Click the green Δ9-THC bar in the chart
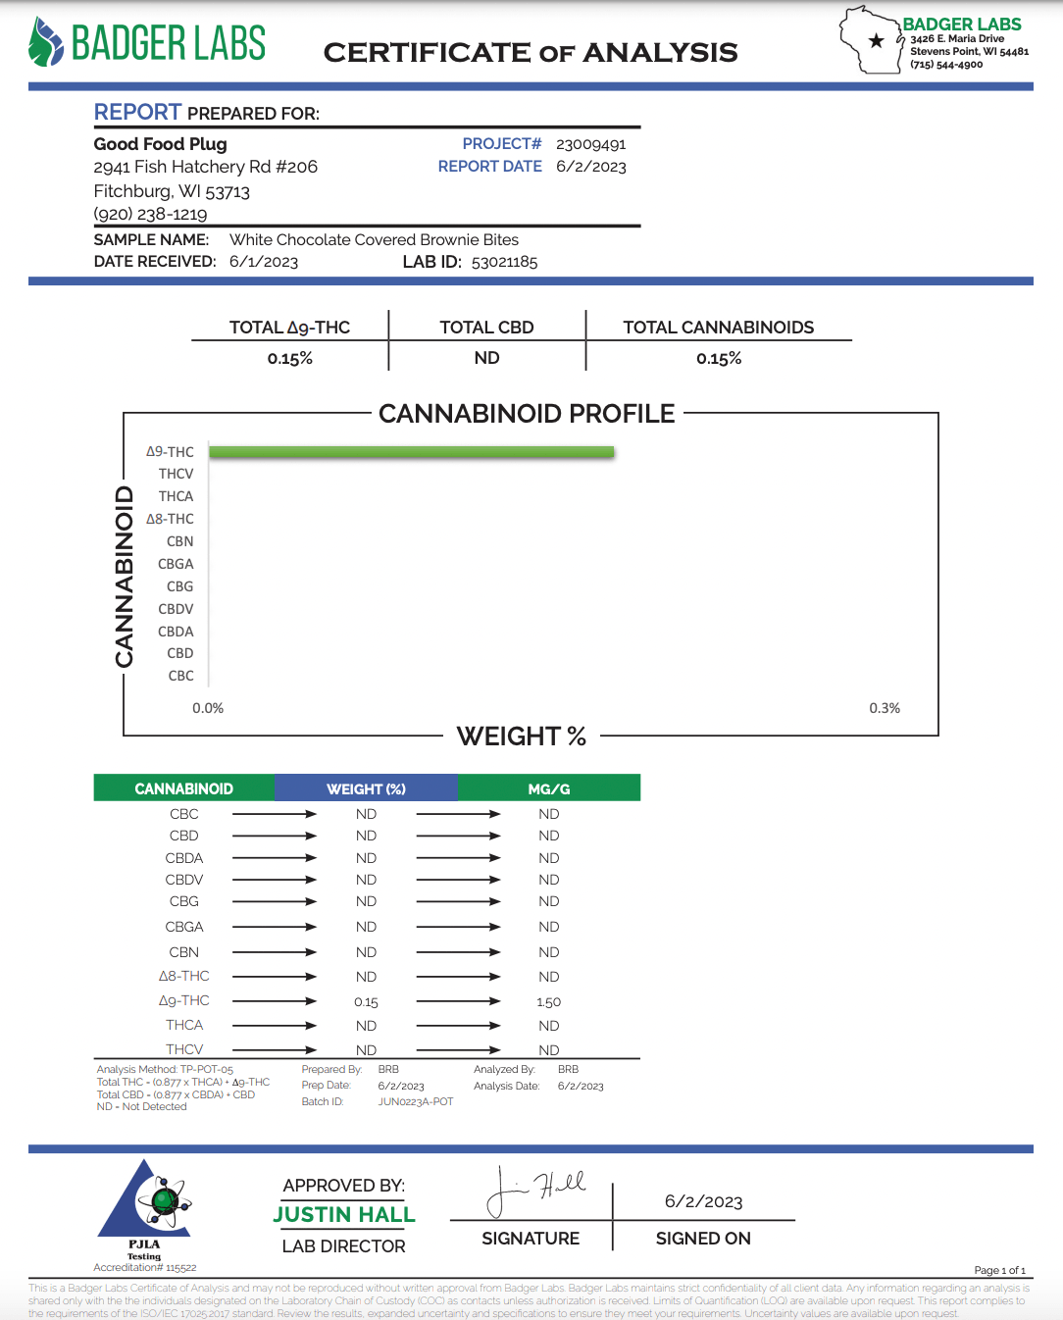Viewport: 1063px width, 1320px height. point(411,452)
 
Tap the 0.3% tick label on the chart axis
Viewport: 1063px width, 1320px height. point(884,708)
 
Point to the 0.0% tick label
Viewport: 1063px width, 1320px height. point(208,708)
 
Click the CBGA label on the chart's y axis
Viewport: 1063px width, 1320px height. point(176,564)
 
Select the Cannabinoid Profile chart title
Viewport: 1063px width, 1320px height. point(527,414)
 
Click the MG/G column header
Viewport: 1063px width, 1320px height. point(548,788)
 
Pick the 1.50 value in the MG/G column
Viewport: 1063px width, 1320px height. point(548,1002)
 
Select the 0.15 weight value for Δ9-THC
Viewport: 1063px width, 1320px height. point(366,1002)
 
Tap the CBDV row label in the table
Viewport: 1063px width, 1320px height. point(184,880)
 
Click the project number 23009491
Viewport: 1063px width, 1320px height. point(590,144)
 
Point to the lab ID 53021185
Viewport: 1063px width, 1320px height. point(504,262)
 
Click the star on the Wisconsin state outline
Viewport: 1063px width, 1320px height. point(876,41)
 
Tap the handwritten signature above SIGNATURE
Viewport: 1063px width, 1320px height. point(536,1190)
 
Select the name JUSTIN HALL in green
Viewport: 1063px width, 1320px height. point(344,1215)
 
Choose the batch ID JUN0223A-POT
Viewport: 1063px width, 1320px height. point(416,1101)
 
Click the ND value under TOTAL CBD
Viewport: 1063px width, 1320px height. point(486,358)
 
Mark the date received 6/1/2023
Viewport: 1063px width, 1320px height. point(264,262)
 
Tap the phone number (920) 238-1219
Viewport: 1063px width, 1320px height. point(150,214)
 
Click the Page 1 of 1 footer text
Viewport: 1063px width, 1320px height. point(999,1270)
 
